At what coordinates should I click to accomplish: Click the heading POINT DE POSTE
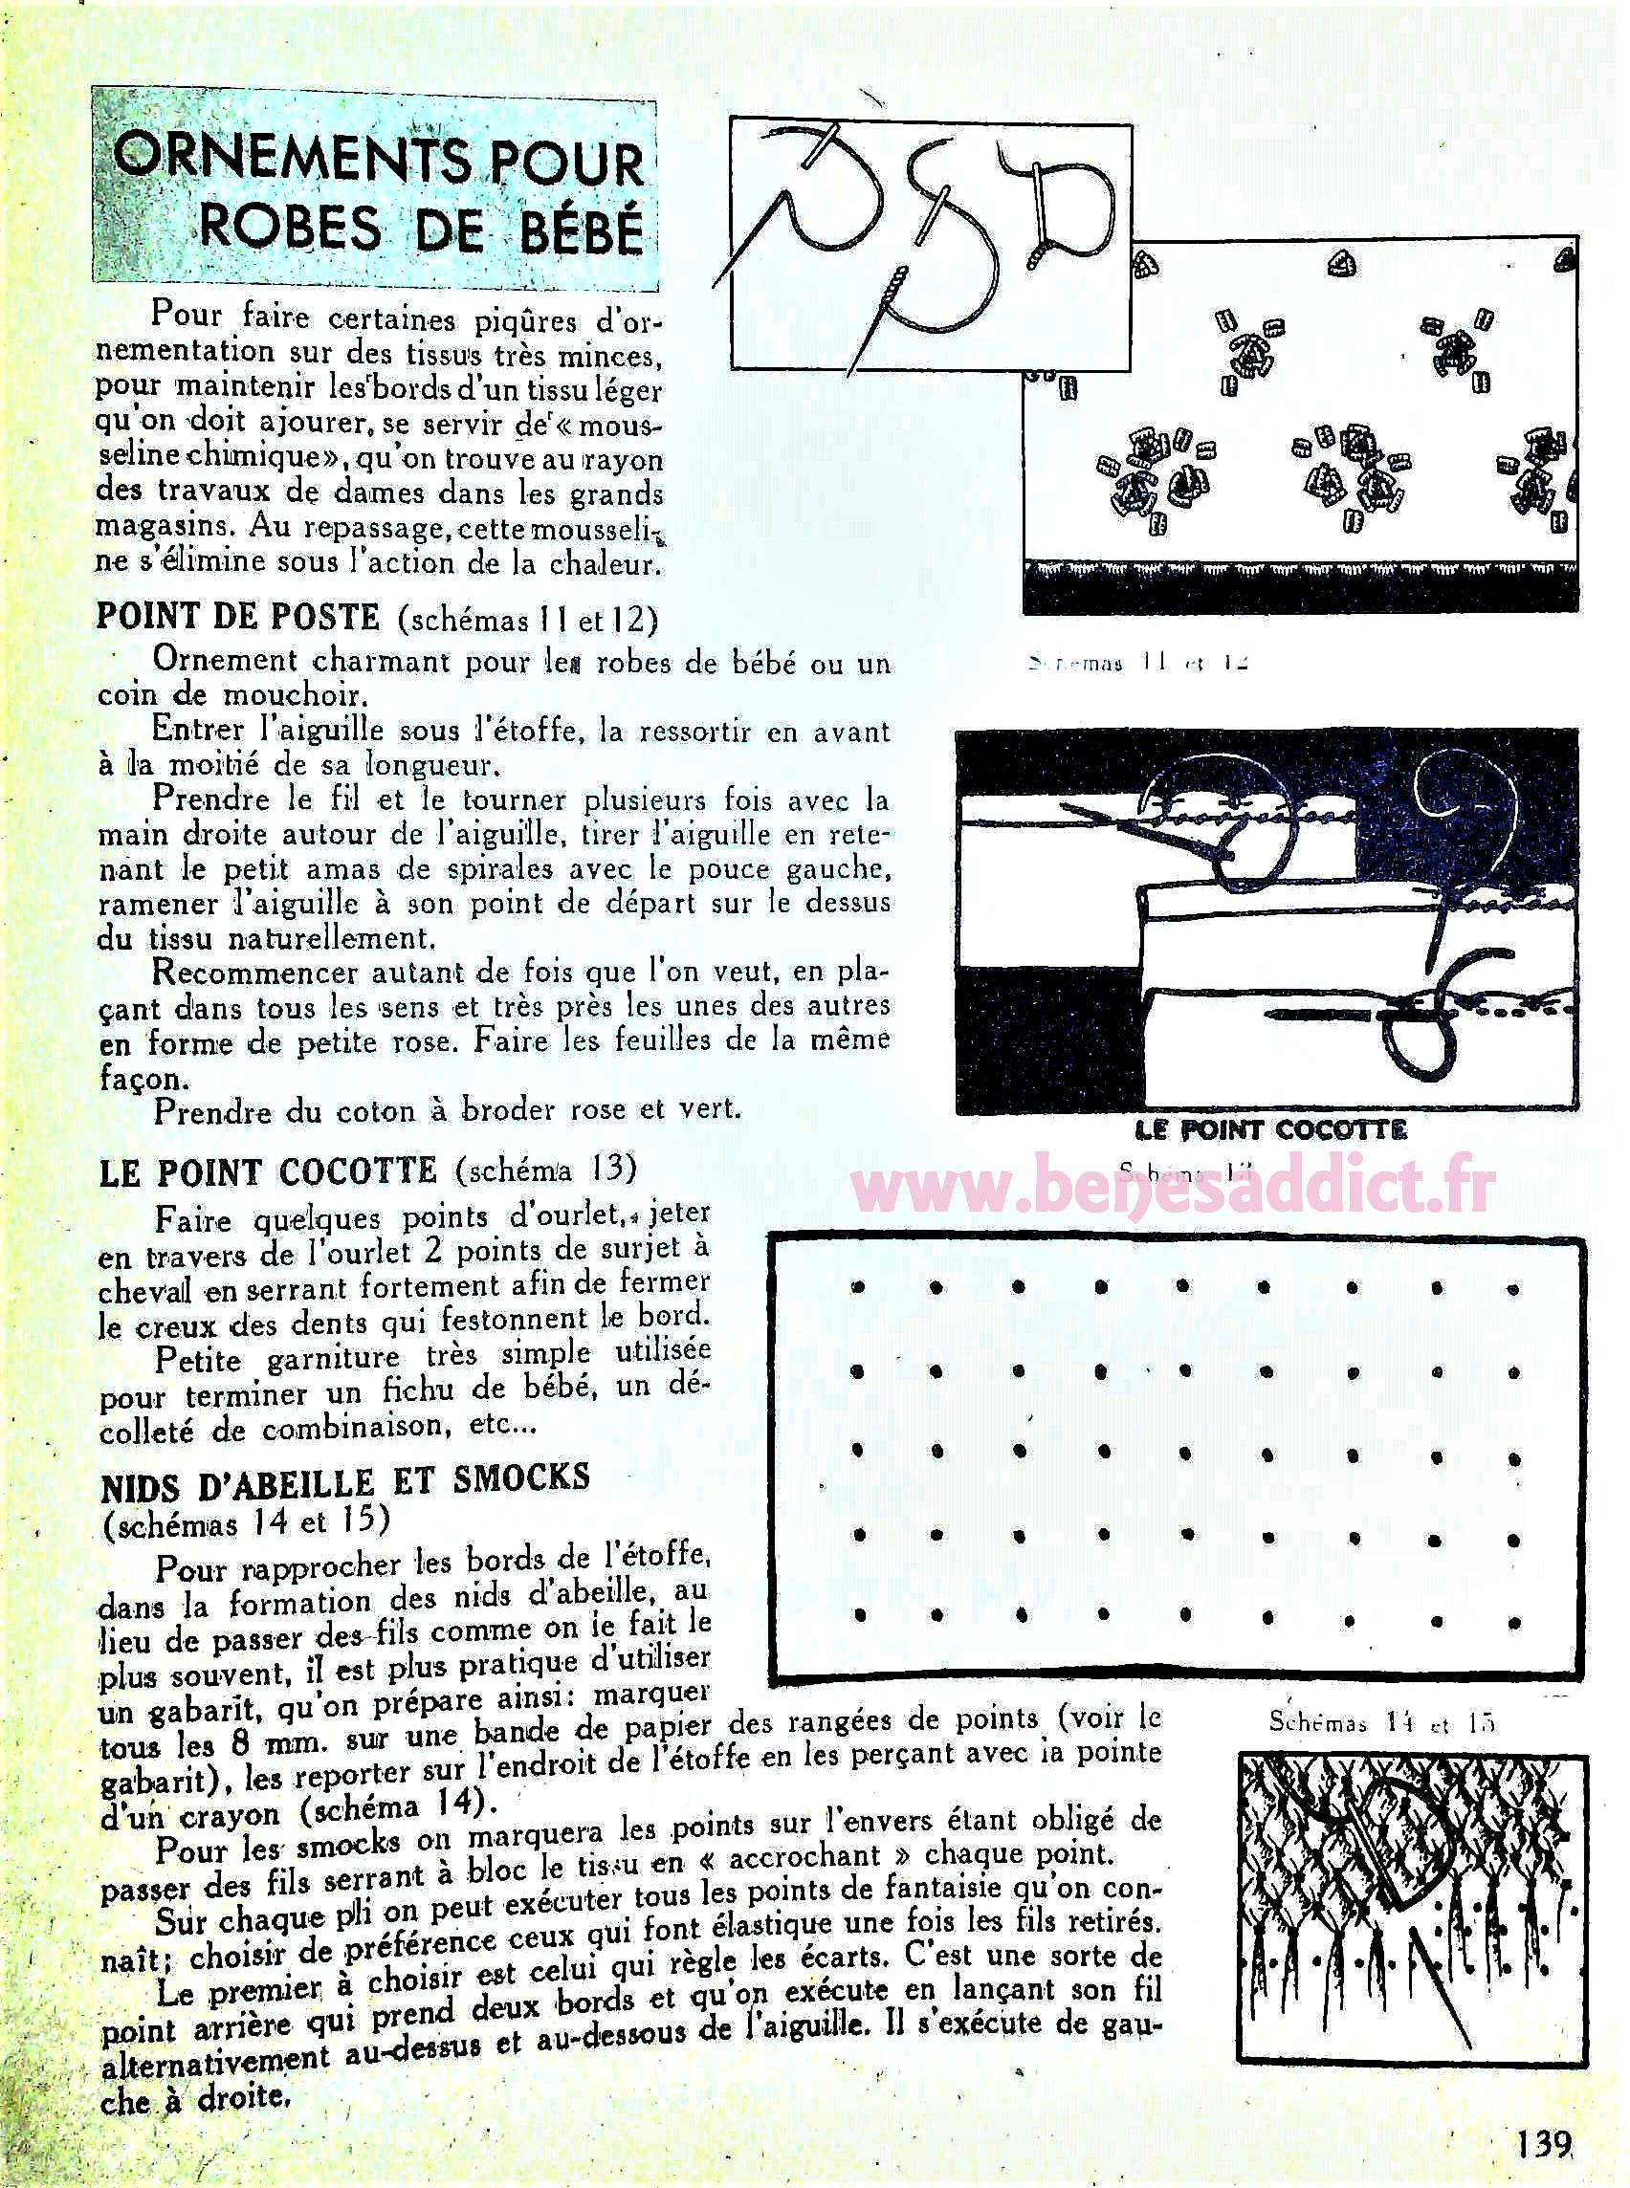pos(238,617)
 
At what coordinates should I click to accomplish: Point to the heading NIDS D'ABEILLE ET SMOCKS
pos(344,1479)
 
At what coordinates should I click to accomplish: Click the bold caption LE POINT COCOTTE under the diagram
pos(1271,1129)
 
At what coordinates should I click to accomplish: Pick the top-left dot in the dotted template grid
pos(856,1287)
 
